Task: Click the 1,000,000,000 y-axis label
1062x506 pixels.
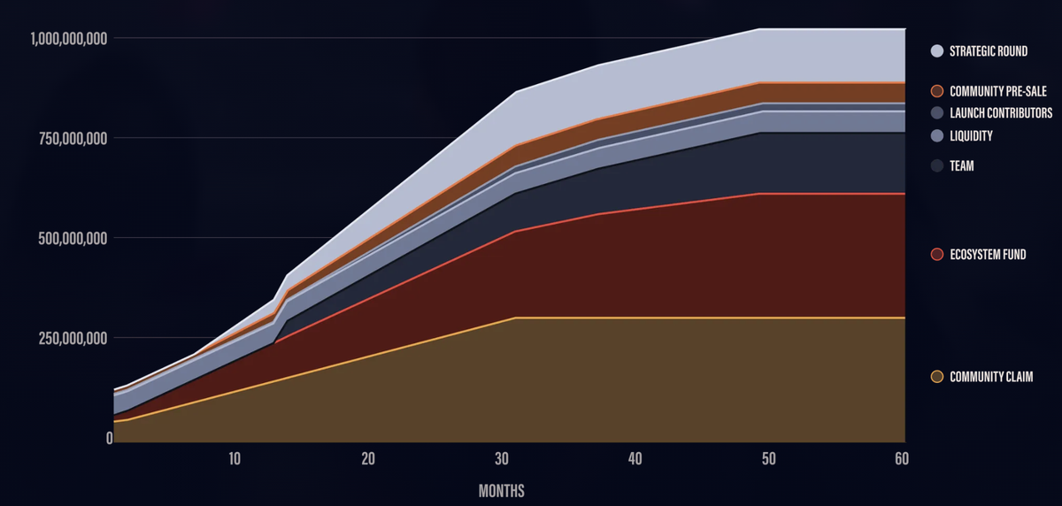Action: pyautogui.click(x=70, y=38)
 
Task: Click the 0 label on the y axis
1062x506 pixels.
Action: pyautogui.click(x=109, y=438)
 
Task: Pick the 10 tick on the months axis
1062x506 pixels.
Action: pyautogui.click(x=235, y=459)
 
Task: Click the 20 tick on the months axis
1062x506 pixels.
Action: pyautogui.click(x=368, y=459)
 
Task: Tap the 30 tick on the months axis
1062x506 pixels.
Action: pyautogui.click(x=502, y=459)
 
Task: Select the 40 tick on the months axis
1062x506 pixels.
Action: pyautogui.click(x=635, y=459)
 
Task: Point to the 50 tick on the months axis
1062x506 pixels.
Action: pyautogui.click(x=768, y=459)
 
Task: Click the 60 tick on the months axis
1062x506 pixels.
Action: pyautogui.click(x=901, y=459)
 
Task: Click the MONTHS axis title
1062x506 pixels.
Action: pyautogui.click(x=503, y=489)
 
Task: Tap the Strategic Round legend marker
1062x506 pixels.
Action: pyautogui.click(x=937, y=51)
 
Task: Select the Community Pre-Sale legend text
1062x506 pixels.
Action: pyautogui.click(x=997, y=91)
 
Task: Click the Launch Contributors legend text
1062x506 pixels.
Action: pyautogui.click(x=1001, y=113)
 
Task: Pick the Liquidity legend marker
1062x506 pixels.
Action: pyautogui.click(x=937, y=136)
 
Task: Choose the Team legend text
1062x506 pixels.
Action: pyautogui.click(x=961, y=165)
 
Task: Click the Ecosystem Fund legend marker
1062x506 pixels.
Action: pyautogui.click(x=937, y=255)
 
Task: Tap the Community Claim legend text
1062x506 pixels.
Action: pyautogui.click(x=991, y=377)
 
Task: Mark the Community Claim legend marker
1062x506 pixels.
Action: pyautogui.click(x=937, y=377)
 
